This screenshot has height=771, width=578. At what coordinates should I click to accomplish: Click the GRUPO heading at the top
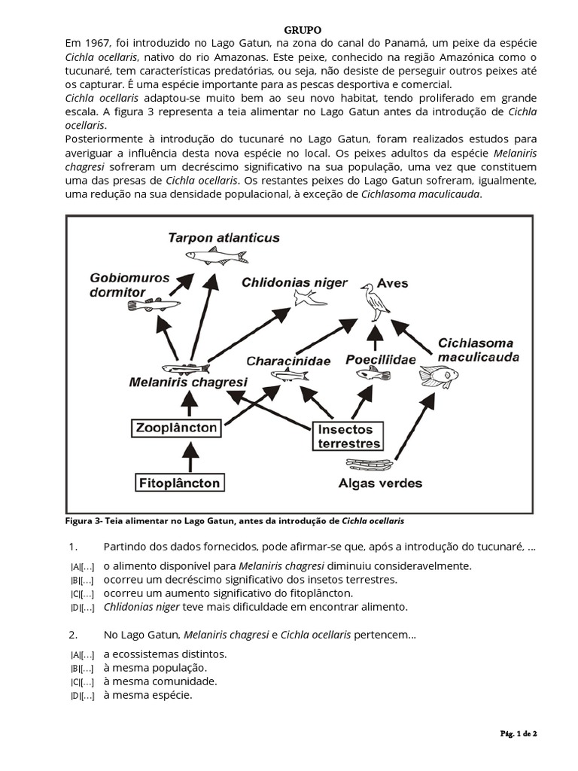coord(303,30)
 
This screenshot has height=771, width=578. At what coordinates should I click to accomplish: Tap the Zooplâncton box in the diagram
coord(178,428)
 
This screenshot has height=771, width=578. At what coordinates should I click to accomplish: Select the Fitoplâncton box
coord(178,483)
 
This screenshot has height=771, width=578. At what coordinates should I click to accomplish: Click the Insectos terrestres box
coord(348,436)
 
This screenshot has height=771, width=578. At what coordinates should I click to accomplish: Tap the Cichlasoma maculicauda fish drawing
coord(439,375)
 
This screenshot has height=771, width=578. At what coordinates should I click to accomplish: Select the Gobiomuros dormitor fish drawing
coord(154,305)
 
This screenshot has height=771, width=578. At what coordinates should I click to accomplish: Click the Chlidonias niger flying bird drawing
coord(309,298)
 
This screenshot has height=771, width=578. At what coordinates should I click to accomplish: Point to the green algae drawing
coord(369,465)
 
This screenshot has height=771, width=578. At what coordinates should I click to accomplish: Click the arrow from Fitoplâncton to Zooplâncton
coord(190,455)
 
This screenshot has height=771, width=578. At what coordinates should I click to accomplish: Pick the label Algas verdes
coord(380,483)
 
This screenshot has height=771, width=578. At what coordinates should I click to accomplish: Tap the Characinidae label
coord(288,361)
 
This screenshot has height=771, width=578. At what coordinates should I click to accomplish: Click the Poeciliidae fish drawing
coord(373,373)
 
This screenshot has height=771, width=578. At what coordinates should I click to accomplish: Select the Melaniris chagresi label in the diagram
coord(187,382)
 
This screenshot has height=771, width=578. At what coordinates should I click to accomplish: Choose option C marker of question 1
coord(82,594)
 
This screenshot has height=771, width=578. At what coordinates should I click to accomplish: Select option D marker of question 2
coord(82,696)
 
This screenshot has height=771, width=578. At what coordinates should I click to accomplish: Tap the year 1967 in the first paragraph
coord(98,44)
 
